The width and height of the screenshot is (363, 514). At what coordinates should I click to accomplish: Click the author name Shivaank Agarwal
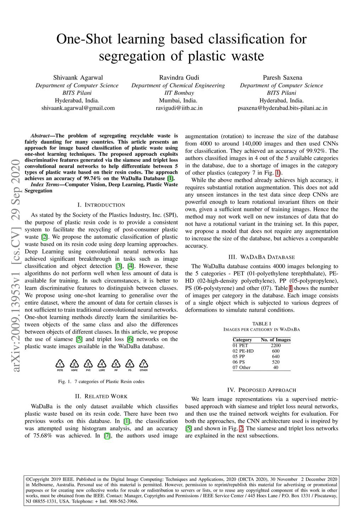(x=78, y=78)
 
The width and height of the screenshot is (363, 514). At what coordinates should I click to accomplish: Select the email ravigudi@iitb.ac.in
(x=179, y=108)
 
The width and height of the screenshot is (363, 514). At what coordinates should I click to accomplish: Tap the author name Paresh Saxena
(x=282, y=78)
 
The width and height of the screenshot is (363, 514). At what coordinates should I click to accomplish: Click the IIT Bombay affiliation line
(x=179, y=93)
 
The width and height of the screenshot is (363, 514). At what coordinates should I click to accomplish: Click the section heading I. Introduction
(x=101, y=205)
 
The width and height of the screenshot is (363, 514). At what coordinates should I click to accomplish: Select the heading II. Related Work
(x=101, y=397)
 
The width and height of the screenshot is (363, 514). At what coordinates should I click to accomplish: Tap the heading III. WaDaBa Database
(x=262, y=257)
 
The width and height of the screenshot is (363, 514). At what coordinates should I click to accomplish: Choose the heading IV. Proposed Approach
(x=262, y=390)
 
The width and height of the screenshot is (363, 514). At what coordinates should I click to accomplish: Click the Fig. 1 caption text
(x=101, y=382)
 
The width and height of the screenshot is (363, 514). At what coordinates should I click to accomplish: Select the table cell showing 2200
(x=275, y=345)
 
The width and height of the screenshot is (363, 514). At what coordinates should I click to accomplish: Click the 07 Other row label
(x=241, y=367)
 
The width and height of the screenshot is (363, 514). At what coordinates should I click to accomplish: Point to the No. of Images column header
(x=275, y=340)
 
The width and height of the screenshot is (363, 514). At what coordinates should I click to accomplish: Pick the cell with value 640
(x=275, y=356)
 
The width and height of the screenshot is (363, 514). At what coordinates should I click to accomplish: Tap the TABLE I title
(x=262, y=324)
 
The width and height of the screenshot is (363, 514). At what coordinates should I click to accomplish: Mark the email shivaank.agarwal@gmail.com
(x=78, y=108)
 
